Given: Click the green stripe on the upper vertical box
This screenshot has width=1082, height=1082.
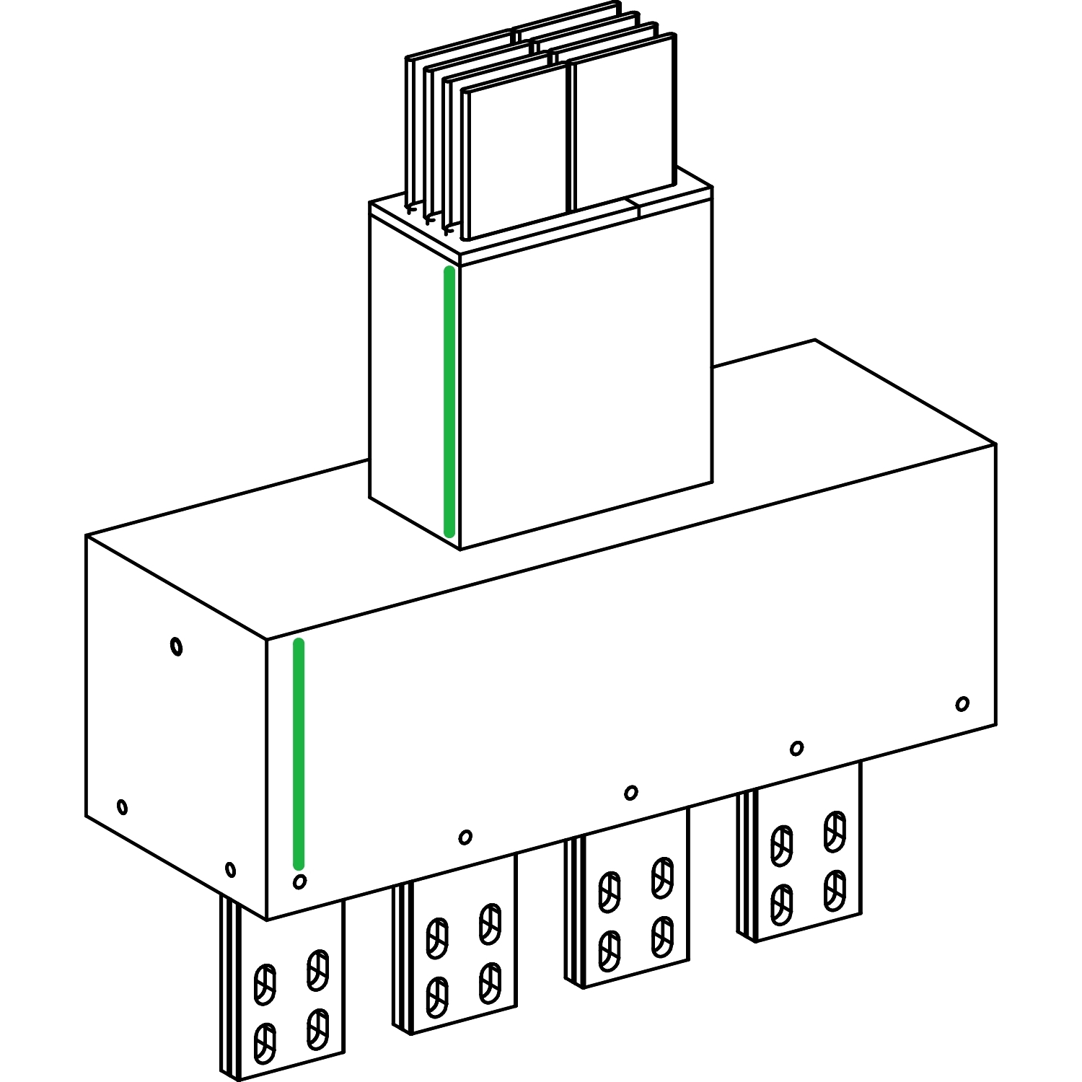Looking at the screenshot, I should (x=449, y=401).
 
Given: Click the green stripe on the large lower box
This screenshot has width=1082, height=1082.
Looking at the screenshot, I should (x=299, y=754).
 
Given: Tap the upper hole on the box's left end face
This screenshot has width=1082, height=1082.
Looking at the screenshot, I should (x=177, y=646).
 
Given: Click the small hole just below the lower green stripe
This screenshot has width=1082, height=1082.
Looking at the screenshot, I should (x=300, y=881).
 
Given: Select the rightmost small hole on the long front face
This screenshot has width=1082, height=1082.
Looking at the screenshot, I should (x=962, y=703).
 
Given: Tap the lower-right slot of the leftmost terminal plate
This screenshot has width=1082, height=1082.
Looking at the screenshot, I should (x=317, y=1029).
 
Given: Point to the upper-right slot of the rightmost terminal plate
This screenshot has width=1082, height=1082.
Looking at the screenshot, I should (x=835, y=830).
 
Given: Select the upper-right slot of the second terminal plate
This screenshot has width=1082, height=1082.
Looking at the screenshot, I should (x=491, y=923).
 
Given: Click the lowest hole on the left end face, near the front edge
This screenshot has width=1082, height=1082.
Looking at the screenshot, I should (x=230, y=869).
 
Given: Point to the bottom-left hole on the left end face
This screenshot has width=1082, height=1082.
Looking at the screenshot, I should (x=123, y=806).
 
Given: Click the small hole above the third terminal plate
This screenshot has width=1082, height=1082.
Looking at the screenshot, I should (x=630, y=793).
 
